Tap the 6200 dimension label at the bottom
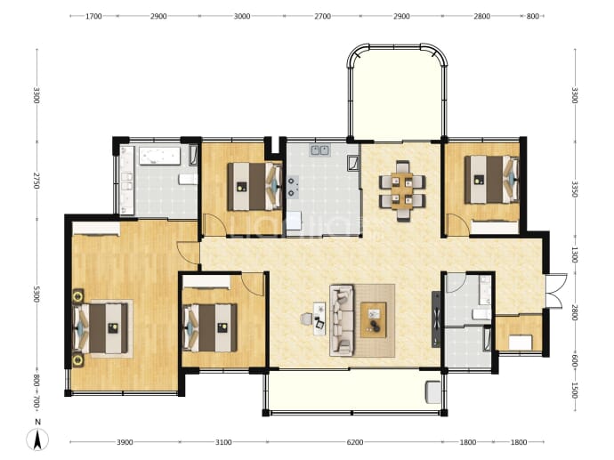point(355,442)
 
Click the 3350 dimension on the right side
point(575,189)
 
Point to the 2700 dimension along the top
point(323,16)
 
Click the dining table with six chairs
point(402,190)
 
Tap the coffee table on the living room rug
point(374,319)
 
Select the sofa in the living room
point(342,320)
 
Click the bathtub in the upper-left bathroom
point(159,156)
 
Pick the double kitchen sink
point(320,150)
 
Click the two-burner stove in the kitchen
point(293,186)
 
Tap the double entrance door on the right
point(556,290)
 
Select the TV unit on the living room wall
point(436,319)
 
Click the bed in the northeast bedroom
point(491,180)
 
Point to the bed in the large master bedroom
point(101,329)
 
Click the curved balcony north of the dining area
point(397,94)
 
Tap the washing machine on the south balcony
point(433,391)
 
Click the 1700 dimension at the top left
point(93,16)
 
